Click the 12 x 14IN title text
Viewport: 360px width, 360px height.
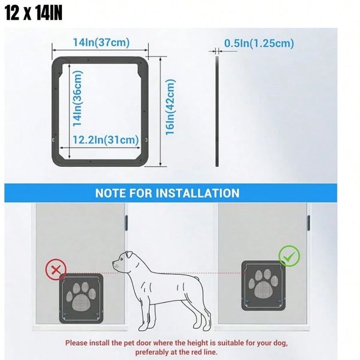[x=33, y=13]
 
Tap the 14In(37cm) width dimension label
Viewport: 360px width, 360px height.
[x=101, y=42]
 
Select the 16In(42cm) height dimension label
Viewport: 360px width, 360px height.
[x=170, y=107]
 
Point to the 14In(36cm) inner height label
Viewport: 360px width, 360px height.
[x=77, y=98]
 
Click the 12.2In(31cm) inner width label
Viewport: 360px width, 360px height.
[x=106, y=140]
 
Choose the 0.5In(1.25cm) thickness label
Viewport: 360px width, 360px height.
[x=259, y=43]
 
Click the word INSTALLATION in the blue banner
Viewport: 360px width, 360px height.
[x=198, y=193]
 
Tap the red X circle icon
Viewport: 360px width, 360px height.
[x=56, y=270]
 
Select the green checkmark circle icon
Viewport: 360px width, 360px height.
[x=289, y=256]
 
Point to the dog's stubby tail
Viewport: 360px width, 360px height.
[x=197, y=279]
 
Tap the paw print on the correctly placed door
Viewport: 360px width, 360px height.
[x=263, y=283]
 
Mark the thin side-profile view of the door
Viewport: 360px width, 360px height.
[x=217, y=112]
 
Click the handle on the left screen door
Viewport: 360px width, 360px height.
[x=126, y=223]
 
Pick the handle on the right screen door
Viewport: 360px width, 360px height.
[x=309, y=223]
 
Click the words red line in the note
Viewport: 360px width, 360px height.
[x=204, y=352]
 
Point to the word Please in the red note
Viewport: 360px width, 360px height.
[x=77, y=343]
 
